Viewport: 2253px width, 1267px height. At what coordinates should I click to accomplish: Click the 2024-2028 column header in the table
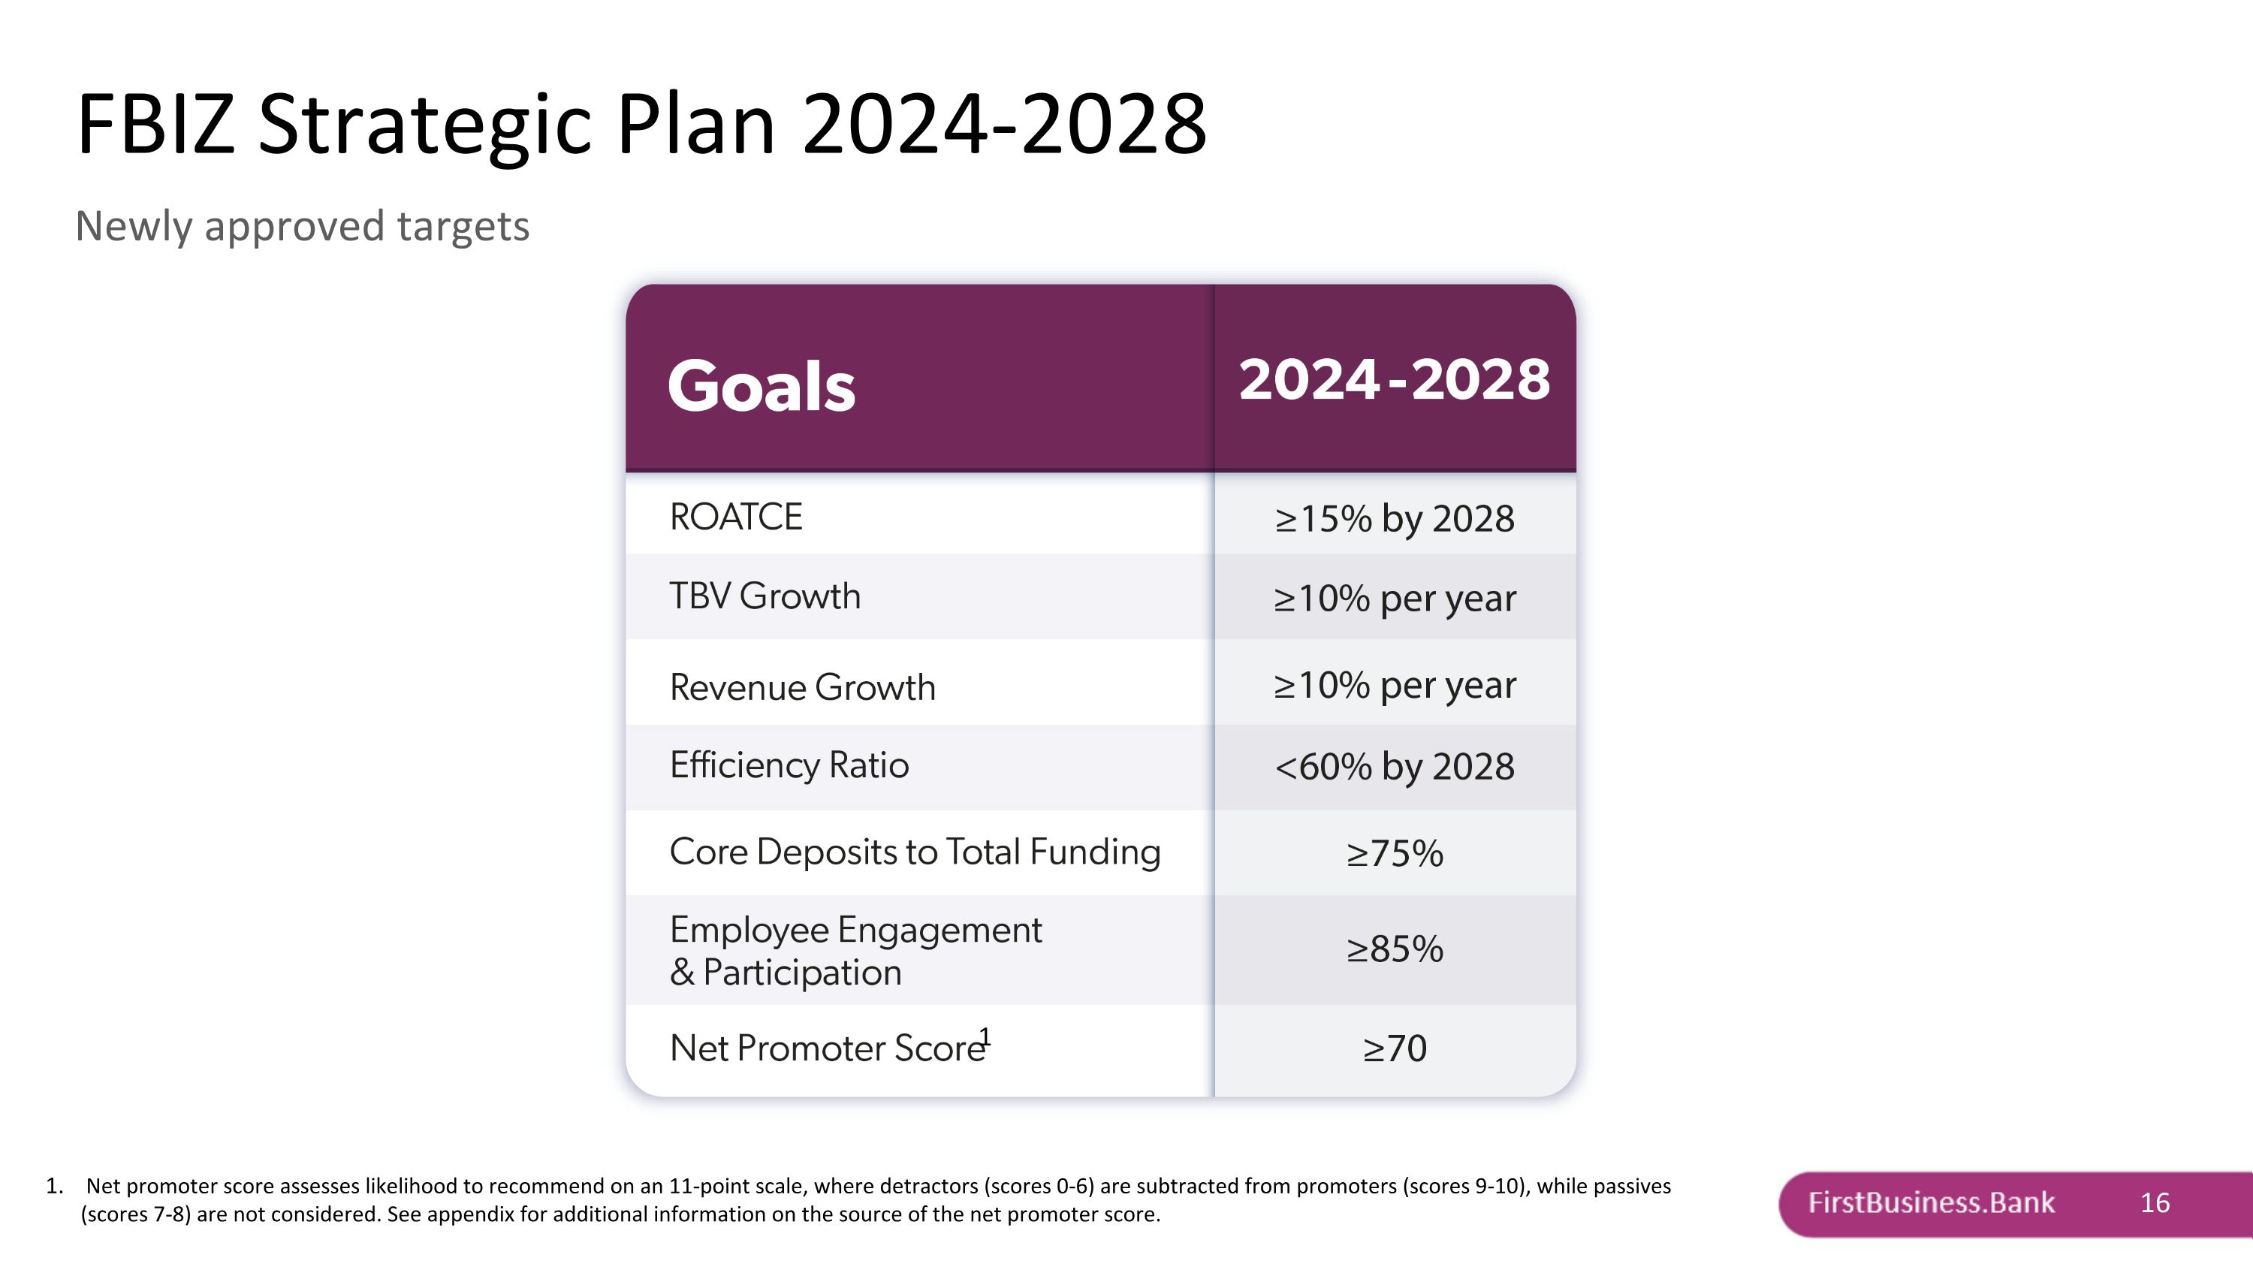point(1394,379)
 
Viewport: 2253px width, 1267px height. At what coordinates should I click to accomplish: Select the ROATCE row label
point(735,517)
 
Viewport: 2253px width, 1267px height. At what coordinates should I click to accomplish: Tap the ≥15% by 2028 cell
point(1394,518)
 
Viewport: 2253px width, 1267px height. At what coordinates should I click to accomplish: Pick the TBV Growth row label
point(765,596)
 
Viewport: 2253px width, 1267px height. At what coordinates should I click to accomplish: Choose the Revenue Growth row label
point(802,687)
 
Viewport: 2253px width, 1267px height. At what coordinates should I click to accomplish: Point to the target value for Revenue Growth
point(1394,686)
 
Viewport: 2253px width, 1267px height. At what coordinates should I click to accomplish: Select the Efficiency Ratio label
point(789,765)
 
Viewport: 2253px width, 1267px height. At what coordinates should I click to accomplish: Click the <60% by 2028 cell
point(1394,767)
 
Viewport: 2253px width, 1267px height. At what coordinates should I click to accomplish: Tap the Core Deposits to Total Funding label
point(915,852)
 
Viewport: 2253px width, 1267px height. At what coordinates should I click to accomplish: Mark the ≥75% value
point(1394,853)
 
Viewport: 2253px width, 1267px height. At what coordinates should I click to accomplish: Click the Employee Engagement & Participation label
point(855,951)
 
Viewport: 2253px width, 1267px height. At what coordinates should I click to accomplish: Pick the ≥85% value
point(1394,949)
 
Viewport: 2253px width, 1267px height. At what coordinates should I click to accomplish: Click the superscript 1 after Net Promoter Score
point(985,1036)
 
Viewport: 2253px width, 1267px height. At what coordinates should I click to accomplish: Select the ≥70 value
point(1394,1048)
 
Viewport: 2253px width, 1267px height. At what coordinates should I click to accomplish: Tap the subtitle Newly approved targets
point(302,227)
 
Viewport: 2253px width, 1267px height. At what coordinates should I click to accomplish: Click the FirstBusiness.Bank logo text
point(1930,1203)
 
